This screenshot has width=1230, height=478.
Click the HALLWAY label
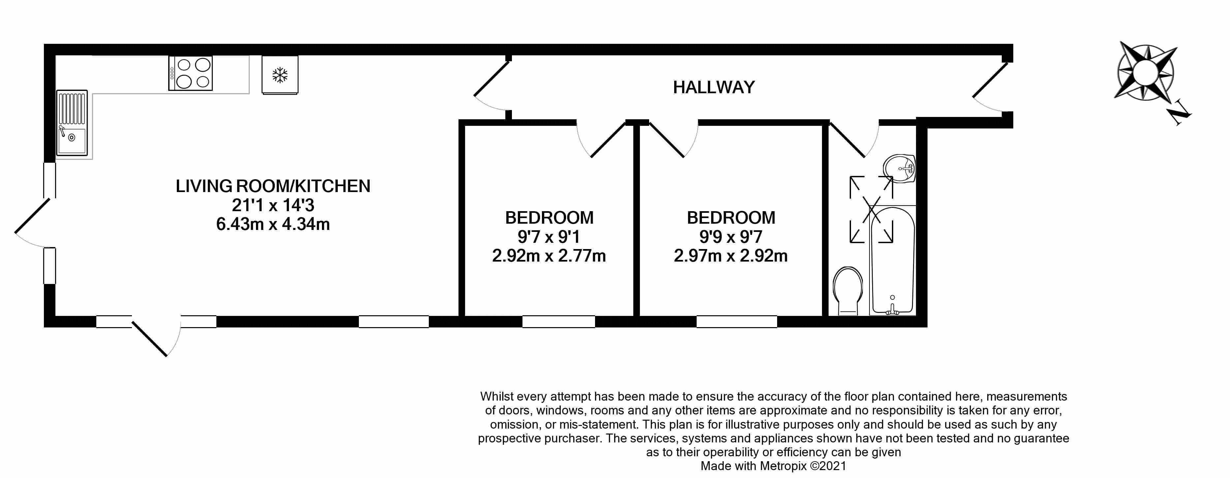point(713,87)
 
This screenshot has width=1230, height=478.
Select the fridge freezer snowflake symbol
point(280,75)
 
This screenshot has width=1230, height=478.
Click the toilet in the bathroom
point(848,290)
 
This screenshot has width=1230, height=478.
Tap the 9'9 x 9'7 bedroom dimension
point(731,237)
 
